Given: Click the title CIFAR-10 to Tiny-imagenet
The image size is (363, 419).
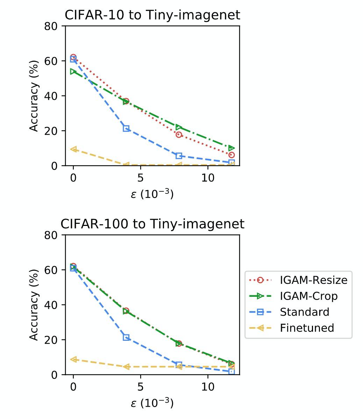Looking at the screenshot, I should coord(152,15).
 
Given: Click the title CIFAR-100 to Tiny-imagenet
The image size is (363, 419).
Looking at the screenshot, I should coord(152,224).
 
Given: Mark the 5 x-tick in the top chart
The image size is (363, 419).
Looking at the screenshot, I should coord(140,178).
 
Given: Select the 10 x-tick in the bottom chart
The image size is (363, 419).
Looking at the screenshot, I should coord(208,387).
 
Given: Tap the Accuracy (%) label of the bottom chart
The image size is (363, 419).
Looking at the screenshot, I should coord(34,304).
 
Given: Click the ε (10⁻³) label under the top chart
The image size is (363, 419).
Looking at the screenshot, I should coord(152,194).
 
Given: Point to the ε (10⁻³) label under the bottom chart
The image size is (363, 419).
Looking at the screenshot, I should coord(152,403).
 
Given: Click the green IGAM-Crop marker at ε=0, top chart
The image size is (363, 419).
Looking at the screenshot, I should coord(73,72).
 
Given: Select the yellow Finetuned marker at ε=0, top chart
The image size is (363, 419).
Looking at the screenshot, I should coord(73,149).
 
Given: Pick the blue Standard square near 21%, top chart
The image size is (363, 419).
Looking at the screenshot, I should coord(126,128).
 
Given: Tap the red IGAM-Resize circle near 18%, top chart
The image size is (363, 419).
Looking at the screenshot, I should coord(179,134).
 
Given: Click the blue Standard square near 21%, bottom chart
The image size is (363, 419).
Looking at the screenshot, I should coord(126,337).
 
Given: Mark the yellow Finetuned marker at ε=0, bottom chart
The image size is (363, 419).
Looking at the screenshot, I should coord(73,359).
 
